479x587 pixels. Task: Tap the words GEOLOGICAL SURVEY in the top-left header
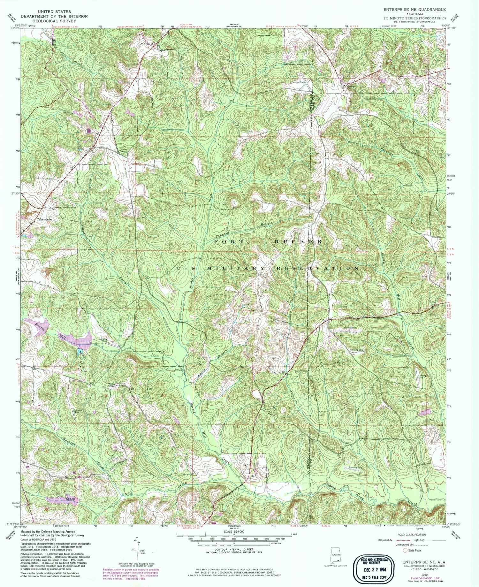coord(54,21)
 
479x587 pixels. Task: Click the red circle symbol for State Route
coord(405,550)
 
